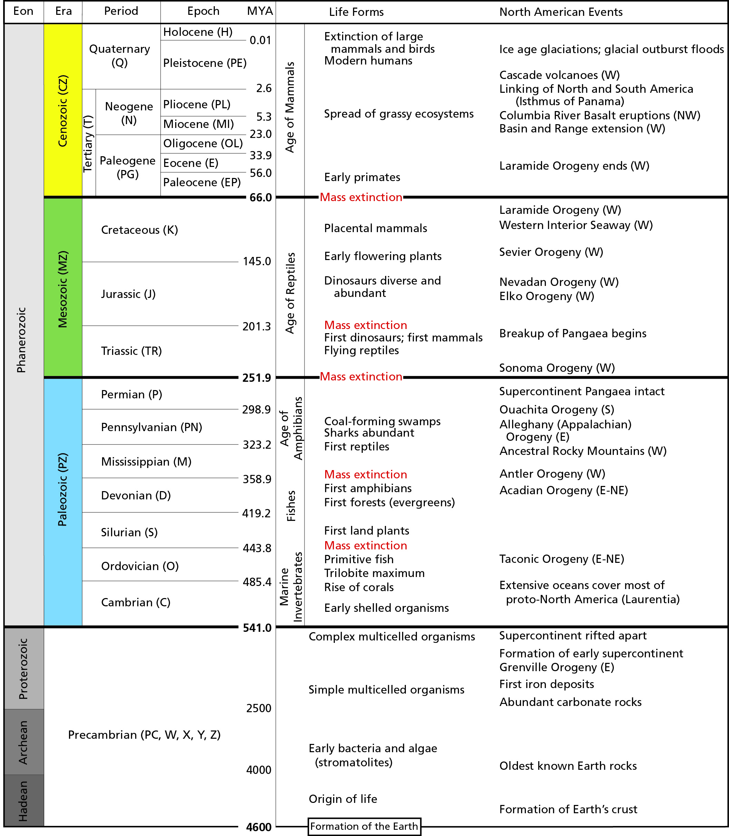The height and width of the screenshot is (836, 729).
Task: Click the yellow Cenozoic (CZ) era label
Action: (63, 111)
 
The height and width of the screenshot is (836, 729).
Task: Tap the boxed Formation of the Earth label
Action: (364, 826)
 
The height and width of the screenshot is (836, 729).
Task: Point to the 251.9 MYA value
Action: (256, 378)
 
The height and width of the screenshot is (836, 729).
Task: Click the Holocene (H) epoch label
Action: (198, 32)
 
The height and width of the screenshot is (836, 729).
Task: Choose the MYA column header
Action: (260, 11)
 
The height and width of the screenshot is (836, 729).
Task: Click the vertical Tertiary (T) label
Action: (88, 143)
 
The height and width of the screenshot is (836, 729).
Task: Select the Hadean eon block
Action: (23, 800)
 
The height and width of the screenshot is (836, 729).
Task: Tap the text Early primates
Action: (362, 177)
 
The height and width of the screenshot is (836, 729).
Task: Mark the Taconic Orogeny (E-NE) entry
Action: (561, 559)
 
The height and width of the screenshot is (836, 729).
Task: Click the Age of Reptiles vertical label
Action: (290, 293)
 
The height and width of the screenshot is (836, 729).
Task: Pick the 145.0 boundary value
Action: (257, 261)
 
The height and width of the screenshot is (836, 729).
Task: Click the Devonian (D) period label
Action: (136, 496)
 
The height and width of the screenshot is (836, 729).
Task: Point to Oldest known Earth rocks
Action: (568, 766)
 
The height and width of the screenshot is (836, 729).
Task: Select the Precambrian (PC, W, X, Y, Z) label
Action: (144, 735)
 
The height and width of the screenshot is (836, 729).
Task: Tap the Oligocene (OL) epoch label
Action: (202, 143)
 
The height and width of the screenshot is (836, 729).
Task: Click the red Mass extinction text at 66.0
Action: (361, 197)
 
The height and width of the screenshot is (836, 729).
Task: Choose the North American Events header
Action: (561, 12)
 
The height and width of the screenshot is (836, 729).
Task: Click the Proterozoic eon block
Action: (23, 668)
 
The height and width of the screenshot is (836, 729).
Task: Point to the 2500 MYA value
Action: (258, 708)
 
